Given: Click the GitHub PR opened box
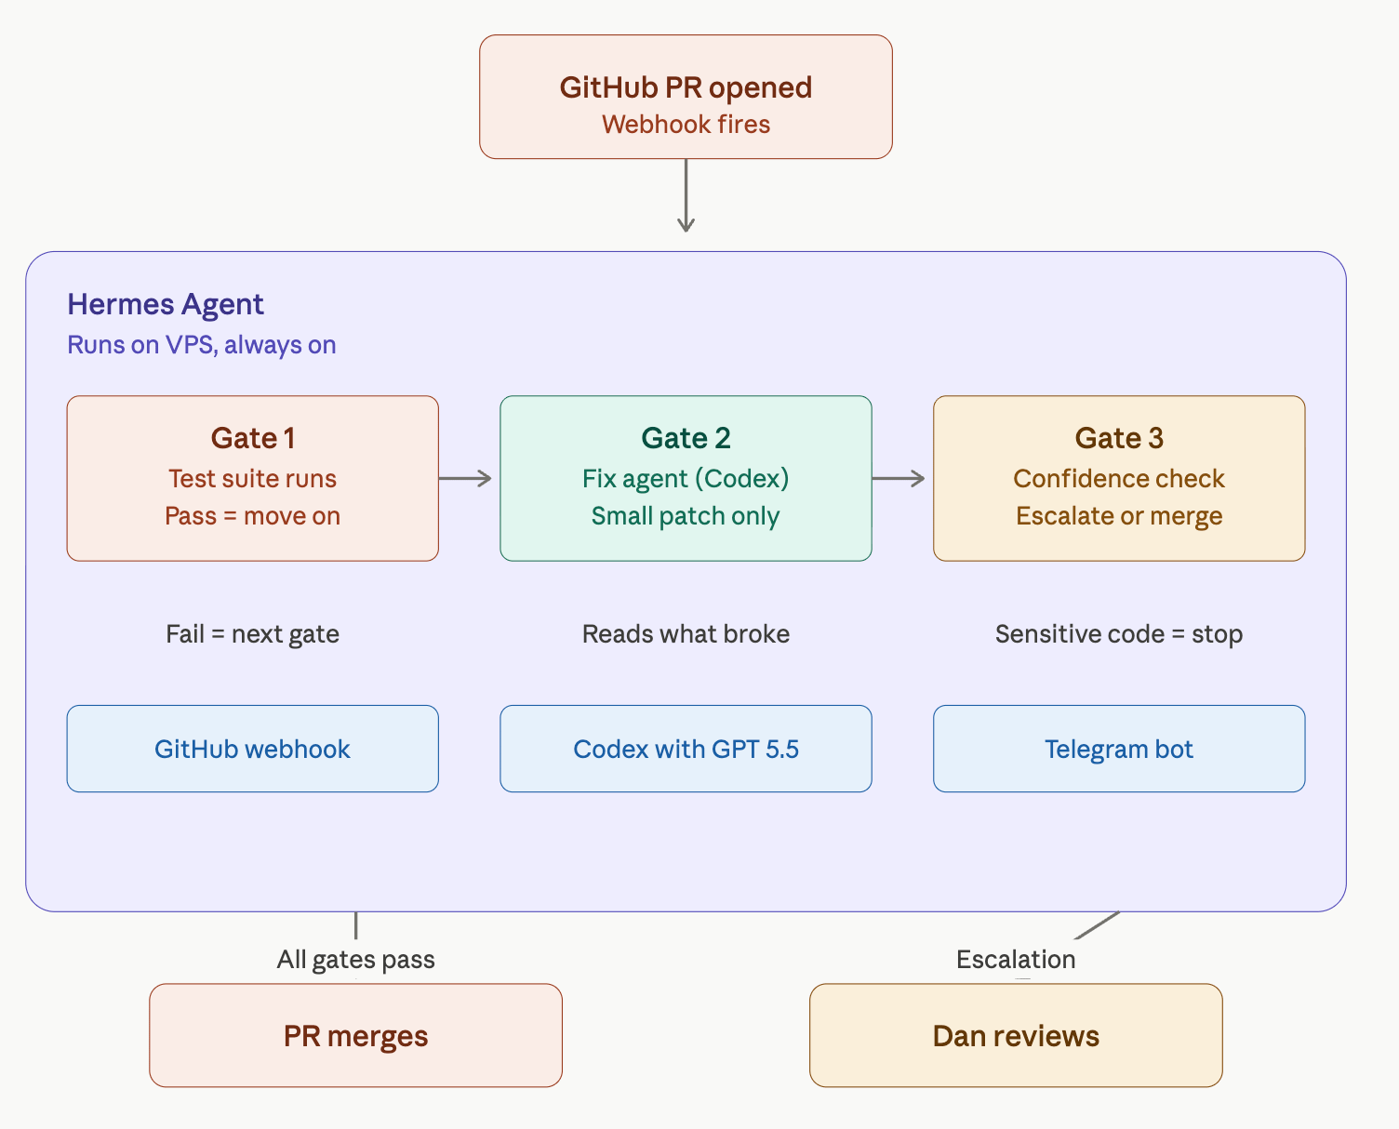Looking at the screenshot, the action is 686,97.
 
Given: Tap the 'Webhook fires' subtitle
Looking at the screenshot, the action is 686,124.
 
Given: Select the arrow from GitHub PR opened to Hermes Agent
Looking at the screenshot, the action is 686,195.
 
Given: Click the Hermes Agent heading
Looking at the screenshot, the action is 166,305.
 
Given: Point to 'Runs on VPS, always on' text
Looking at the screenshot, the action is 202,345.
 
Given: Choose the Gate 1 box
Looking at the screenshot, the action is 253,478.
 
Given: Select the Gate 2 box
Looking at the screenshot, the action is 686,478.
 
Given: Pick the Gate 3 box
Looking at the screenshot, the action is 1119,478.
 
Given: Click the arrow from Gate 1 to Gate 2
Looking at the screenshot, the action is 465,478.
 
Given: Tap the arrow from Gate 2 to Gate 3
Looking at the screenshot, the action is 899,478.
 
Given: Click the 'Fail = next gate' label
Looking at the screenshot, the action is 253,634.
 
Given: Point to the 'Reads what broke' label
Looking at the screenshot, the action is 686,634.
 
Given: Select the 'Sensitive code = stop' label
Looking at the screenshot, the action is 1119,634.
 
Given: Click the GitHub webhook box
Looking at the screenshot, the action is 253,749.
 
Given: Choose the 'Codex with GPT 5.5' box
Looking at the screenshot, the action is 686,749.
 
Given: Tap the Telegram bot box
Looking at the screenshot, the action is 1119,749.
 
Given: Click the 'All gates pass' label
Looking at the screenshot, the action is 356,960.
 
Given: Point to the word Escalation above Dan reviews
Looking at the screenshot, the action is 1016,960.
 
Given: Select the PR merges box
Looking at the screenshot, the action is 356,1035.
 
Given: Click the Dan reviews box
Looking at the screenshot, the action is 1016,1035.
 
